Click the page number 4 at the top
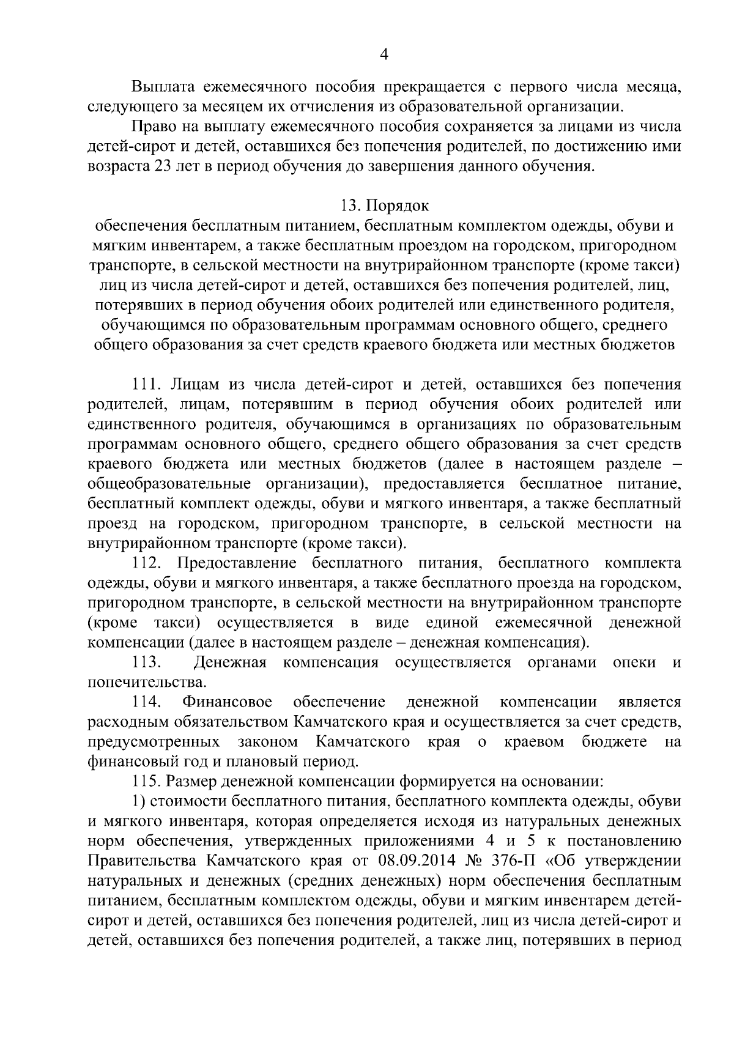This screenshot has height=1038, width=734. (x=384, y=55)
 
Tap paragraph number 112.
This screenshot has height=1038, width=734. (x=146, y=563)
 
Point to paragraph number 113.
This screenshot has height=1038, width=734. (x=146, y=662)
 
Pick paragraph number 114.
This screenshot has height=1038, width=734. (x=146, y=702)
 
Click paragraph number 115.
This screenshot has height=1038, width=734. (x=146, y=781)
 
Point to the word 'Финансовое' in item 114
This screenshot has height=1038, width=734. (x=228, y=702)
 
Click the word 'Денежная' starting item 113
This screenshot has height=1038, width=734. (x=230, y=662)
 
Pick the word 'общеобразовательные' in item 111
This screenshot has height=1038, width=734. (x=169, y=484)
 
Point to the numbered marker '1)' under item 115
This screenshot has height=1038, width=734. (x=138, y=801)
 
